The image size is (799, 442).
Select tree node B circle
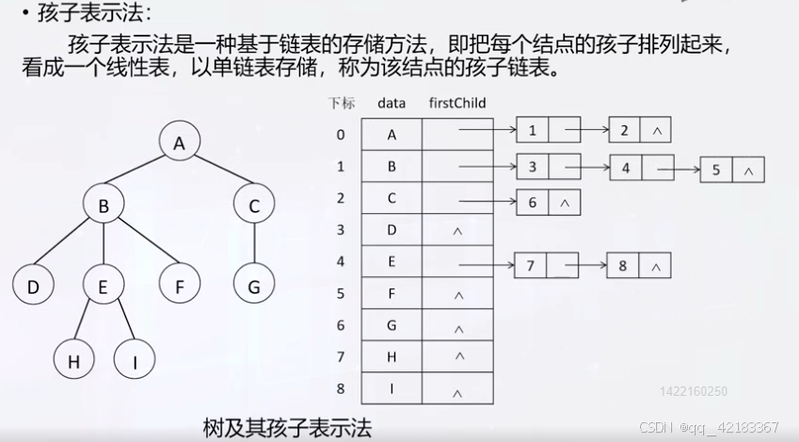104,205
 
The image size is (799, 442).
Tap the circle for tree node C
253,205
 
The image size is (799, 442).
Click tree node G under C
253,286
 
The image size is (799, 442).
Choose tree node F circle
178,286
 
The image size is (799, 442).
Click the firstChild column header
456,103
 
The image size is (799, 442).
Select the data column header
392,103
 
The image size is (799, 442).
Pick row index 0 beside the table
341,134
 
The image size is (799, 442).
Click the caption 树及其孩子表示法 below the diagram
287,426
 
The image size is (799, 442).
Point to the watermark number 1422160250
695,391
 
